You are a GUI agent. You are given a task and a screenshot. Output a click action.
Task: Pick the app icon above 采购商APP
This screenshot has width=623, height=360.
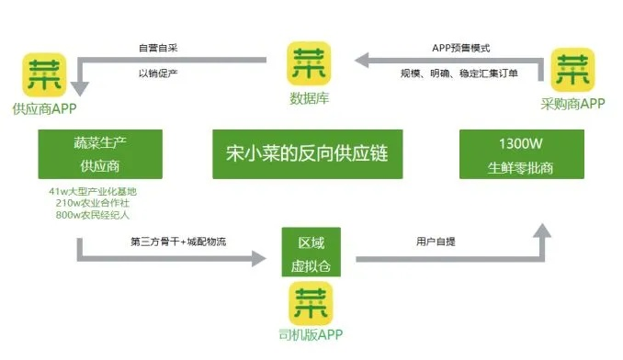click(x=573, y=71)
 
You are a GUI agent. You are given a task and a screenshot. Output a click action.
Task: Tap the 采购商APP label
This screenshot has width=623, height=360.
click(x=572, y=105)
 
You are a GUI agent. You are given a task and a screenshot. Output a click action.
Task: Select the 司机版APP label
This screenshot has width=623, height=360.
click(x=311, y=335)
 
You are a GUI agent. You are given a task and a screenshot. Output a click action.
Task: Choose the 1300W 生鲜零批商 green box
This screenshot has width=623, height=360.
click(x=520, y=154)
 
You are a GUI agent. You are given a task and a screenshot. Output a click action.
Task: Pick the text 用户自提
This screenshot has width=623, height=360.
click(x=439, y=242)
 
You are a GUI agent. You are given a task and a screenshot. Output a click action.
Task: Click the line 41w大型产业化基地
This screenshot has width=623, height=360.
click(x=98, y=191)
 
